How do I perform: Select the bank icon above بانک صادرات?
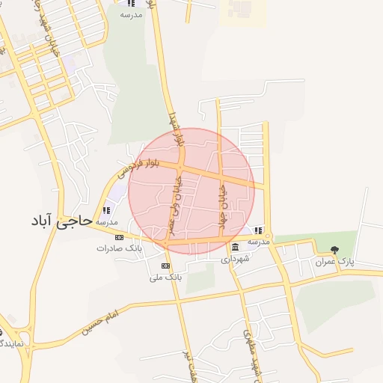click(119, 237)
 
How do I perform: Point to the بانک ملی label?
click(165, 277)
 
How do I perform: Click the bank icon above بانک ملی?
click(165, 266)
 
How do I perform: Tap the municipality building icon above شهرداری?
click(236, 248)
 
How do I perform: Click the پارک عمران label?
click(334, 262)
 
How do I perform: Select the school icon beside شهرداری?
click(258, 230)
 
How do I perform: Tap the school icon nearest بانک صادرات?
click(105, 211)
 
